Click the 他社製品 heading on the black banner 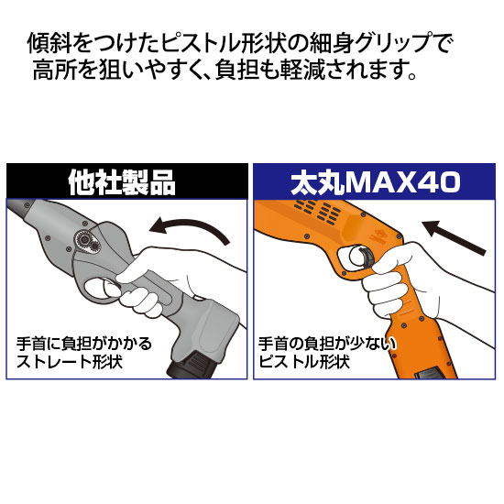122,182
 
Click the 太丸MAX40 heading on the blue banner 375,182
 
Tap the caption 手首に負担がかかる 84,344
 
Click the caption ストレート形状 70,362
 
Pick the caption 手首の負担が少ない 328,344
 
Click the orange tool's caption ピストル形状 304,362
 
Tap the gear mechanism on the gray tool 87,242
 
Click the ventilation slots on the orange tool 318,212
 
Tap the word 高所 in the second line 54,70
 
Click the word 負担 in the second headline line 237,70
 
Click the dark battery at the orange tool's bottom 430,374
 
